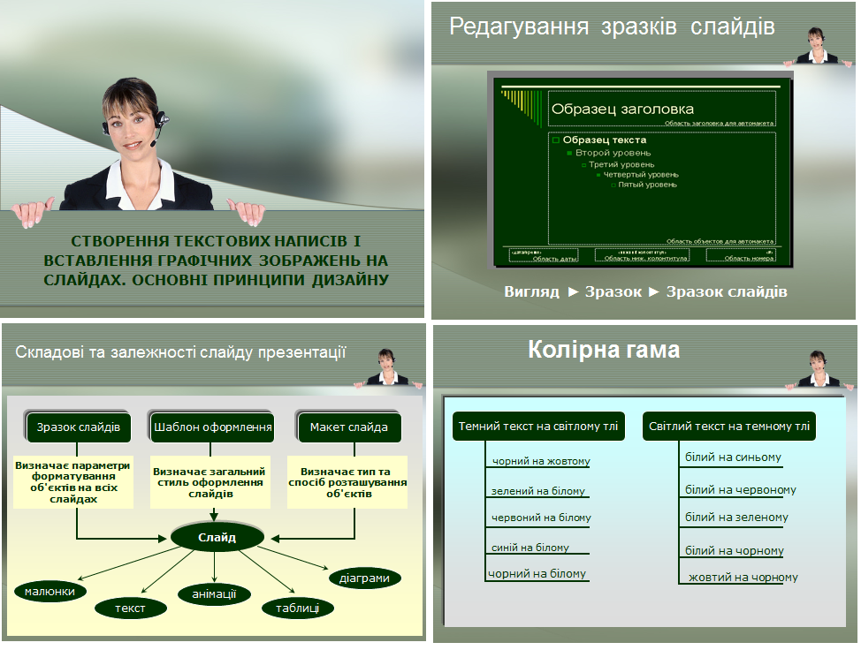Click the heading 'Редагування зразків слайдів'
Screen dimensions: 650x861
(x=612, y=26)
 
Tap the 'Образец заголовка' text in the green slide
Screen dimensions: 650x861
(x=622, y=110)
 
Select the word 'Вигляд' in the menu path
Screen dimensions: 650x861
(x=531, y=291)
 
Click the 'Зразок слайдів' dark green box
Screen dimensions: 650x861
(x=79, y=427)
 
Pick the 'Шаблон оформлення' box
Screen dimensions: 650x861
(x=212, y=427)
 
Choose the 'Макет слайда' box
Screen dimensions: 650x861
(x=348, y=427)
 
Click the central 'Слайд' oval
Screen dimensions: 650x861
(x=217, y=537)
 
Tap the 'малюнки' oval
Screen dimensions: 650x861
(x=50, y=591)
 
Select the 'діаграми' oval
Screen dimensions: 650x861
(x=364, y=578)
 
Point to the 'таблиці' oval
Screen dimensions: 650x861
(x=298, y=608)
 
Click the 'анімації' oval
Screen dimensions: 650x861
(x=215, y=593)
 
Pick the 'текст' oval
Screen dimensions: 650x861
(x=130, y=608)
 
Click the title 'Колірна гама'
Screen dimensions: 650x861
(x=604, y=350)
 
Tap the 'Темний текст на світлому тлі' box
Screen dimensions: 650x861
(x=538, y=427)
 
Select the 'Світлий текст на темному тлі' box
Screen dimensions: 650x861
(x=729, y=427)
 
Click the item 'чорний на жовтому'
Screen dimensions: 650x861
(x=541, y=461)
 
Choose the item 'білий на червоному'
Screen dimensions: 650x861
(x=740, y=489)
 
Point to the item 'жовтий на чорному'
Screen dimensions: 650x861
(x=743, y=578)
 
